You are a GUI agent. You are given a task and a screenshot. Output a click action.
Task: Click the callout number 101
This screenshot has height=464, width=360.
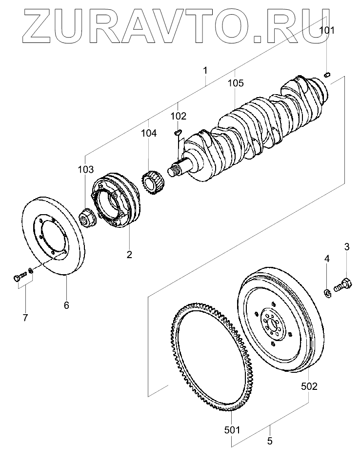click(x=327, y=30)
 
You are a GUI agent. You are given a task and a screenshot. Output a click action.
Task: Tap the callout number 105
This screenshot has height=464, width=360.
click(x=236, y=83)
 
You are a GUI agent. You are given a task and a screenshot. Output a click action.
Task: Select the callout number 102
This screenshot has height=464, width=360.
click(x=179, y=116)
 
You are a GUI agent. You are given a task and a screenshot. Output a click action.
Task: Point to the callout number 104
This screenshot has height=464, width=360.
click(x=148, y=133)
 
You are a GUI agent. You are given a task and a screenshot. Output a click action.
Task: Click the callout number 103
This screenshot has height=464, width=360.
click(x=86, y=170)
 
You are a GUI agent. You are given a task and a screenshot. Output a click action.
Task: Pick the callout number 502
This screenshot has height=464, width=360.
click(x=309, y=386)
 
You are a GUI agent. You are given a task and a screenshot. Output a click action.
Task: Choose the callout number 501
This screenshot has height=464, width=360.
click(x=232, y=430)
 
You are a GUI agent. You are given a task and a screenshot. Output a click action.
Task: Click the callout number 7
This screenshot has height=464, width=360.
click(x=25, y=318)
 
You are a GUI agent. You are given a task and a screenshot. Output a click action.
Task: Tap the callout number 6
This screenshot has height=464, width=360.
click(x=66, y=305)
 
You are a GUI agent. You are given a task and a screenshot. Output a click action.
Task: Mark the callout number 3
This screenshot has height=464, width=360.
click(x=346, y=247)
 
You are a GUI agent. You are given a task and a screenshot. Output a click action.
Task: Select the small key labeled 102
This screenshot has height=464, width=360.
click(x=178, y=132)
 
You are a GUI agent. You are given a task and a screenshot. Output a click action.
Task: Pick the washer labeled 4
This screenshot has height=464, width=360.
click(x=327, y=294)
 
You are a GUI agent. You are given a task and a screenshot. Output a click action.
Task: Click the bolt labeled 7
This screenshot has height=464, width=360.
click(x=20, y=277)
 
